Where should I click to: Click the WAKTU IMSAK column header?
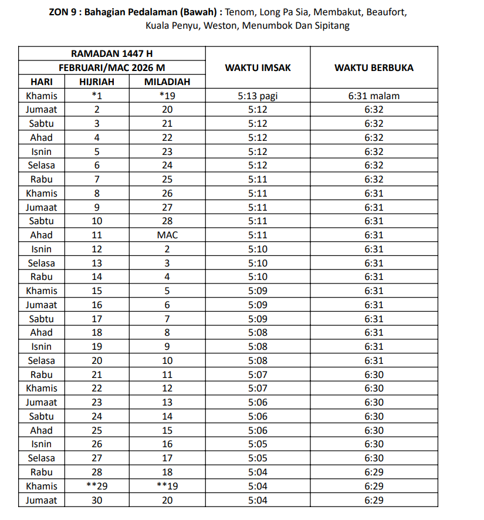pyautogui.click(x=258, y=67)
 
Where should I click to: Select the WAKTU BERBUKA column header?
pyautogui.click(x=374, y=67)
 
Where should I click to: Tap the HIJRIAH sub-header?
pyautogui.click(x=97, y=82)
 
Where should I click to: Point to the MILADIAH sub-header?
pyautogui.click(x=167, y=82)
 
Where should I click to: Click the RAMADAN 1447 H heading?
pyautogui.click(x=111, y=53)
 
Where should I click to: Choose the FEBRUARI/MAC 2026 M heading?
pyautogui.click(x=111, y=67)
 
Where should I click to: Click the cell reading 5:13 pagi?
pyautogui.click(x=258, y=96)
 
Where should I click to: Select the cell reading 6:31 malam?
pyautogui.click(x=374, y=96)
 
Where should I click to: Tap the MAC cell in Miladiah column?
pyautogui.click(x=167, y=235)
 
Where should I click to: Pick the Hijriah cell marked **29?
pyautogui.click(x=97, y=486)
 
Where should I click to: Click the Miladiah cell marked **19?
pyautogui.click(x=167, y=486)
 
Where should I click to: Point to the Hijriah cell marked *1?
pyautogui.click(x=97, y=96)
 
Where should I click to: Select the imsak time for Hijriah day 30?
pyautogui.click(x=258, y=500)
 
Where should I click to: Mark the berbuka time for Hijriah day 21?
pyautogui.click(x=374, y=374)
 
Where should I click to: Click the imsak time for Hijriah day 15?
pyautogui.click(x=258, y=291)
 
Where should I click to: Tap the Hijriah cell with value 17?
pyautogui.click(x=97, y=319)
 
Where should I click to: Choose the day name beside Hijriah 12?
pyautogui.click(x=42, y=249)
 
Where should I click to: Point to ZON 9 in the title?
pyautogui.click(x=63, y=12)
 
